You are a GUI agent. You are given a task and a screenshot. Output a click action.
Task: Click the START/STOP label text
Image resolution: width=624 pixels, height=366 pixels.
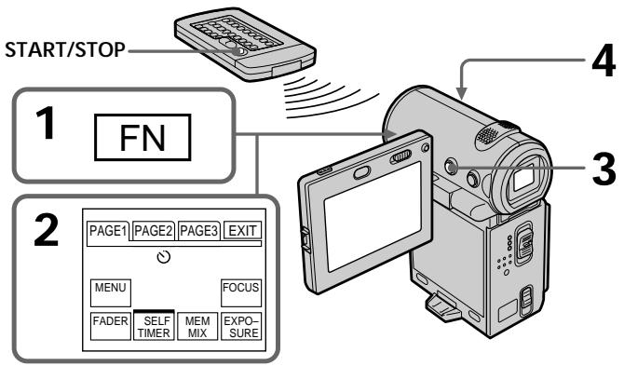(65, 50)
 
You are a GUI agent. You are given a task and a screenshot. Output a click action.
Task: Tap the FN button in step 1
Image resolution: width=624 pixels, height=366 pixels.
(142, 137)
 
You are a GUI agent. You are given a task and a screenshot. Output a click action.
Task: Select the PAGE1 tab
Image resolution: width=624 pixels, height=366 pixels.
(108, 231)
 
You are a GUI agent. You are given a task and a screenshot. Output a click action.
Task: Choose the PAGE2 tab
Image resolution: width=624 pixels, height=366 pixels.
(154, 230)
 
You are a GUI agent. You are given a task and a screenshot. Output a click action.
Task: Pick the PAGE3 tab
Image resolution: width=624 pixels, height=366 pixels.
(198, 230)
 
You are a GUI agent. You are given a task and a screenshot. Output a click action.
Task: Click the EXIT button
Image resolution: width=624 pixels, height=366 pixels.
(242, 230)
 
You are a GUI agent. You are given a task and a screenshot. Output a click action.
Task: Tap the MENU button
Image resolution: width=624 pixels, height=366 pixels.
(110, 292)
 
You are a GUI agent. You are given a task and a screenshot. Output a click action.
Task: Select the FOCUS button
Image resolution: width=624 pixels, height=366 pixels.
(241, 292)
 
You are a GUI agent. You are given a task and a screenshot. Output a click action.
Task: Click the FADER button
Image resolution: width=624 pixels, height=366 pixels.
(110, 326)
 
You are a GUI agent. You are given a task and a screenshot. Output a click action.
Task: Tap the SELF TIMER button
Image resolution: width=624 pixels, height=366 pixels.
(154, 326)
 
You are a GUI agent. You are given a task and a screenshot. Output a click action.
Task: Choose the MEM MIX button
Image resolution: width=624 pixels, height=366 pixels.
(197, 326)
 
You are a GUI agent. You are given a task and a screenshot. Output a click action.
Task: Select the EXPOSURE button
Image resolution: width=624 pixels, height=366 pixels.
(241, 326)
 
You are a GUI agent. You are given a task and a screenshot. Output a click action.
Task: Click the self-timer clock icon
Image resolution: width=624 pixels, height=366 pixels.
(164, 257)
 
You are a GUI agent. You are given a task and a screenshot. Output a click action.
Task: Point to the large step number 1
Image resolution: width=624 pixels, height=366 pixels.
(46, 124)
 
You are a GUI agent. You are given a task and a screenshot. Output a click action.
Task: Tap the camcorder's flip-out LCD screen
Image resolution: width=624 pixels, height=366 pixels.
(373, 216)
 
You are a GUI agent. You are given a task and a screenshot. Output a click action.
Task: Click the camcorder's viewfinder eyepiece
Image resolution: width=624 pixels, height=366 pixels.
(522, 178)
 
